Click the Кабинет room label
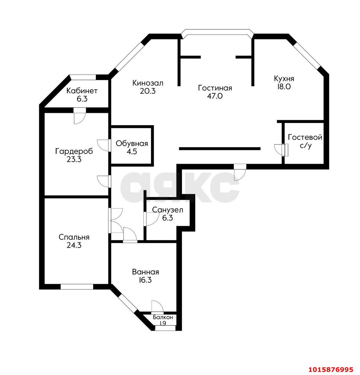coord(82,91)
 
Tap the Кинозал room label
coord(148,83)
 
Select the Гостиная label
coord(215,88)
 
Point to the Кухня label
coord(284,79)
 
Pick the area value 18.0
coord(284,87)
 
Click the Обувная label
coord(132,144)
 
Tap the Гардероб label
coord(74,151)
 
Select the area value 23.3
coord(74,159)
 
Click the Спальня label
coord(74,237)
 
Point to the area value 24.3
coord(74,245)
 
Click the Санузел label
coord(167,210)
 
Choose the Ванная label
coord(145,272)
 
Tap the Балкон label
coord(163,317)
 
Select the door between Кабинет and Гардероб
coord(80,116)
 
